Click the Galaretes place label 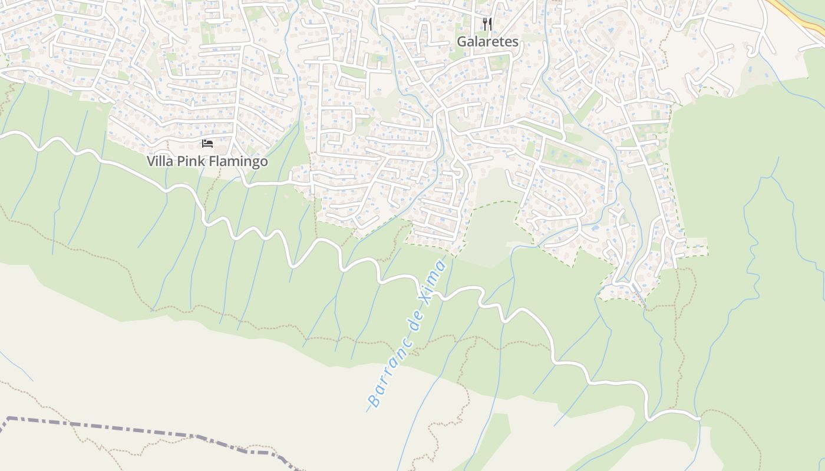pyautogui.click(x=487, y=42)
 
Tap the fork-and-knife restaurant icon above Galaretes pyautogui.click(x=487, y=24)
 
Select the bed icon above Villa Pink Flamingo pyautogui.click(x=207, y=144)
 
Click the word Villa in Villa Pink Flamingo pyautogui.click(x=158, y=161)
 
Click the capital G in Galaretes pyautogui.click(x=461, y=42)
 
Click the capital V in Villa pyautogui.click(x=151, y=161)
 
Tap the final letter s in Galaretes pyautogui.click(x=515, y=42)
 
